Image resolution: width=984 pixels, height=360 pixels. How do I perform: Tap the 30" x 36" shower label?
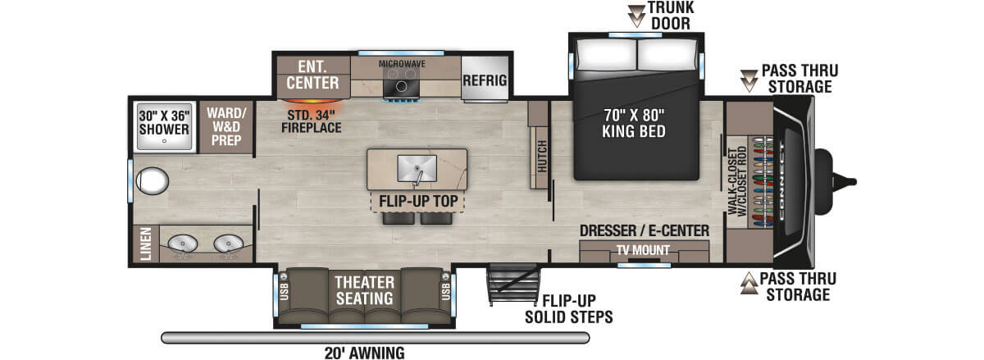164,121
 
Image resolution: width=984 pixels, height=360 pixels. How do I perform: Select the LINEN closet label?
143,244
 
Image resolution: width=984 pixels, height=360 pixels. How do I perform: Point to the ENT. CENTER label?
312,75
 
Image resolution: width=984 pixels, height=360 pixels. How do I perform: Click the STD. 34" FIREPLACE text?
312,121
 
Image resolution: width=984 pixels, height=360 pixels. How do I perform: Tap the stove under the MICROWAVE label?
402,81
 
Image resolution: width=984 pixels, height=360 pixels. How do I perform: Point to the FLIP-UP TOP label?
417,201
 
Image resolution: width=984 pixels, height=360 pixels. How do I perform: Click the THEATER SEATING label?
363,289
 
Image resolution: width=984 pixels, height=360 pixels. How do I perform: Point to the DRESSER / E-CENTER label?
644,231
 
